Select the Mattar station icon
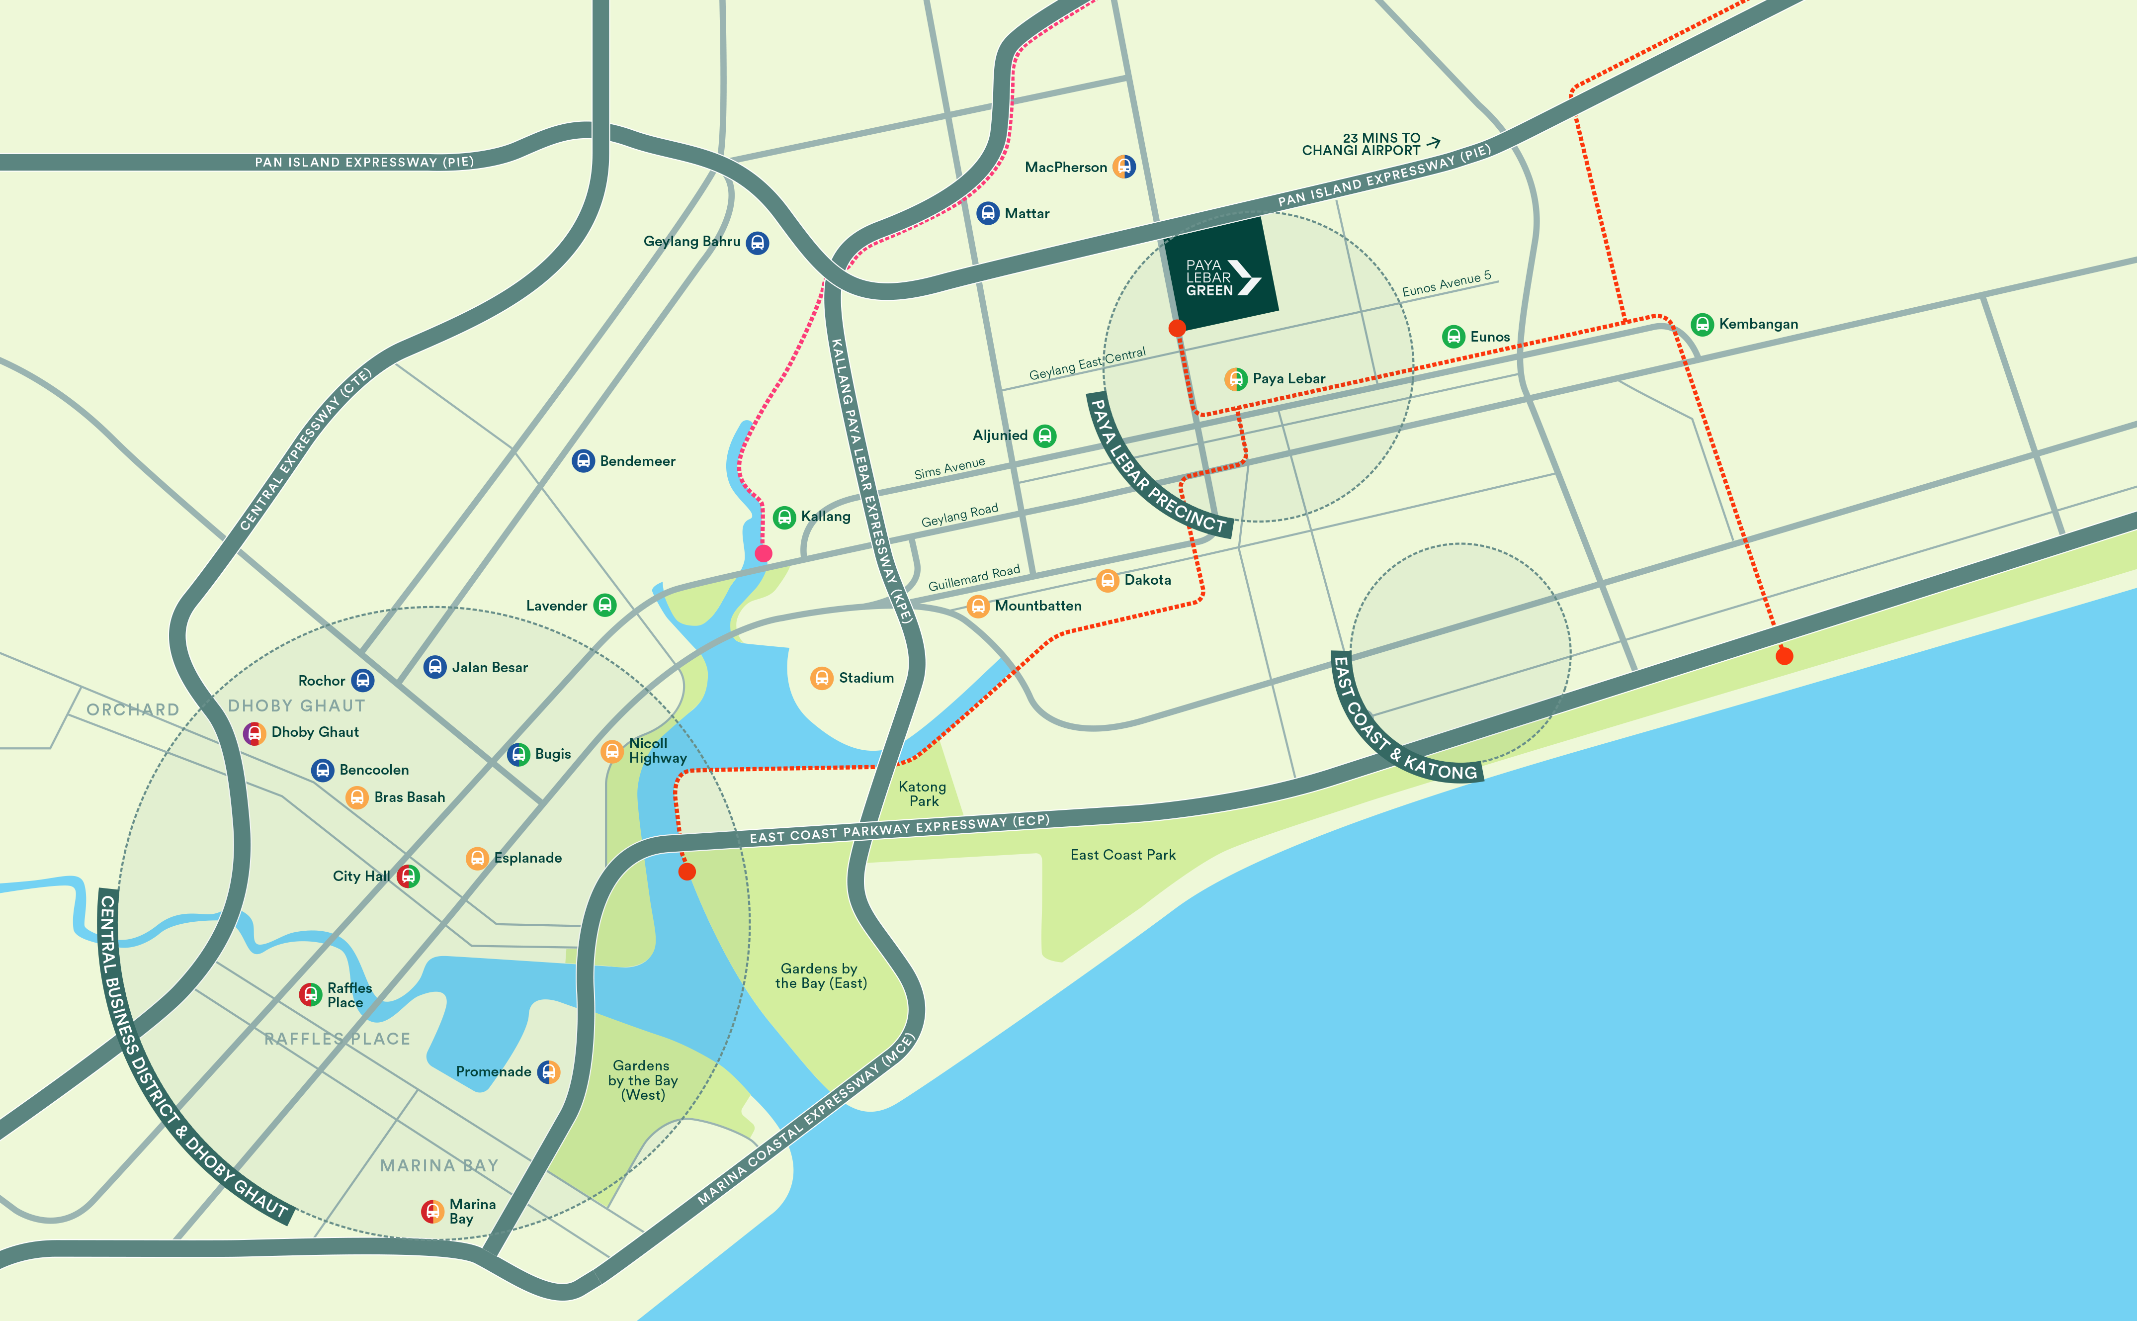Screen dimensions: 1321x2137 (988, 213)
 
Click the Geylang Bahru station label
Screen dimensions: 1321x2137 (691, 241)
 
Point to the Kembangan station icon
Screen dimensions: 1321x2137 (1702, 324)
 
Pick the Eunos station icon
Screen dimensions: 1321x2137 (1453, 337)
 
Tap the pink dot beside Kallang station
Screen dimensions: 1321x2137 (763, 553)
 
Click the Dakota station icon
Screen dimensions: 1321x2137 (1108, 580)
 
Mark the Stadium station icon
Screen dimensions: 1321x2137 (822, 678)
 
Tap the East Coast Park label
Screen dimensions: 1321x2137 (1123, 855)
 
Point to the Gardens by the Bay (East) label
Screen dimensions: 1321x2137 (821, 976)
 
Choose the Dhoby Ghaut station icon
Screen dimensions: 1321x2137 (254, 733)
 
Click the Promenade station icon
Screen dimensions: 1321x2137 (548, 1072)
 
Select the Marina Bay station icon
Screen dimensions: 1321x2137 (432, 1211)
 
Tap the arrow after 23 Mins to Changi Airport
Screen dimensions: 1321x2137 (1433, 141)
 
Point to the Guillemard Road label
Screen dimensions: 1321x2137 (974, 578)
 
